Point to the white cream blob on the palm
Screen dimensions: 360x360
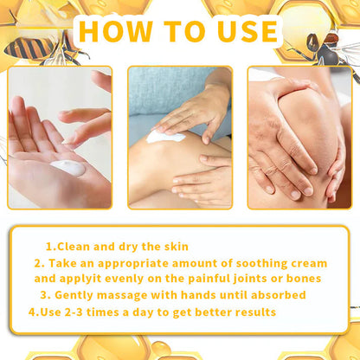pos(68,167)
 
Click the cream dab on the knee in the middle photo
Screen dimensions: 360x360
pos(165,136)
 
